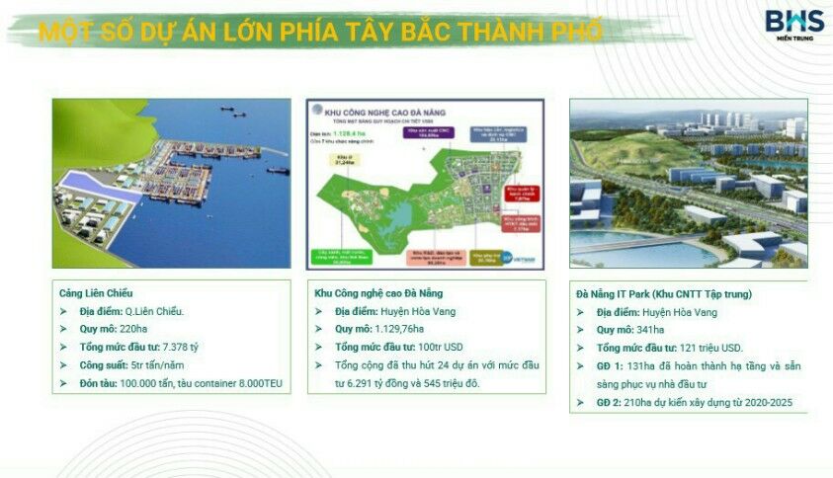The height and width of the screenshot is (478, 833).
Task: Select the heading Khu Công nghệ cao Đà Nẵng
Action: pyautogui.click(x=378, y=293)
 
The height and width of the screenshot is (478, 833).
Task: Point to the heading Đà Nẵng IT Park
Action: pyautogui.click(x=663, y=294)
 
